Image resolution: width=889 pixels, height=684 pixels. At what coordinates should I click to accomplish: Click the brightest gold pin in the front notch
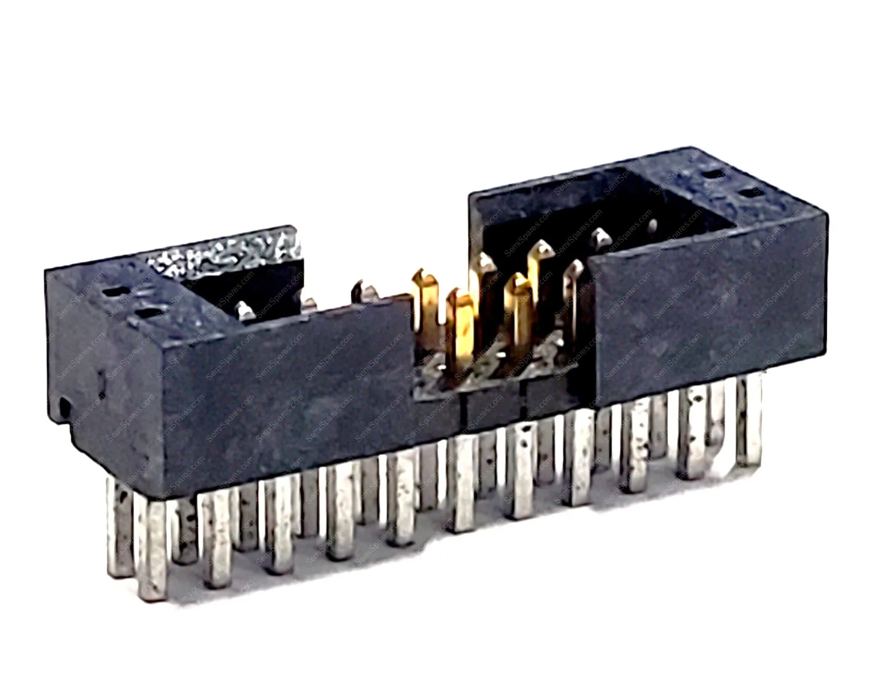point(461,324)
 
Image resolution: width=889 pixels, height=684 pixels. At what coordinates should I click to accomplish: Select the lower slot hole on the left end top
point(149,314)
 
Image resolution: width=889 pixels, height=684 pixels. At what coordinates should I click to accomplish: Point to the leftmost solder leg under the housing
point(118,529)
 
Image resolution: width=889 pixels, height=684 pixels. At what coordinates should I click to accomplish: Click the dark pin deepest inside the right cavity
point(653,226)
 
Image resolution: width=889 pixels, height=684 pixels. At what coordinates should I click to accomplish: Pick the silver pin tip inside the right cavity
point(599,237)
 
